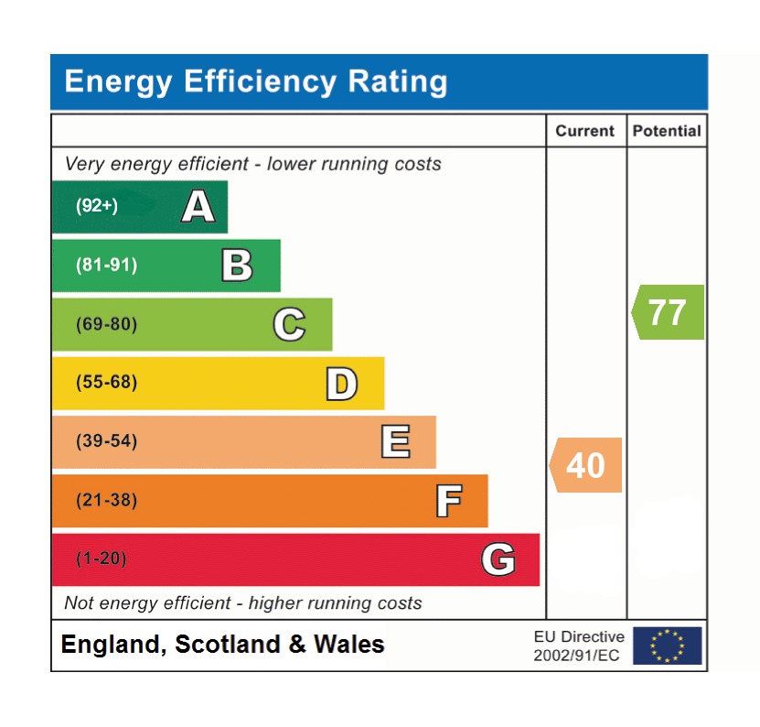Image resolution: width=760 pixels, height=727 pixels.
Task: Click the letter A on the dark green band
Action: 198,207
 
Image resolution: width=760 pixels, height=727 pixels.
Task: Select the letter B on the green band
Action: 237,266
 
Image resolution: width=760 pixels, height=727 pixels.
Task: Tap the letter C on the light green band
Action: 289,325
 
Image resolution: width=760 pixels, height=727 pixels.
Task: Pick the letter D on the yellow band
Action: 341,384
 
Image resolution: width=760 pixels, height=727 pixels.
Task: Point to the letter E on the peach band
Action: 394,442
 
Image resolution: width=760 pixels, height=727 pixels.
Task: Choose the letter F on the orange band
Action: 448,501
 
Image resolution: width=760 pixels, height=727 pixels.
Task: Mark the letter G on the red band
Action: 498,559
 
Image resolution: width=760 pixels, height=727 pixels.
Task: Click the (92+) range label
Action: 97,206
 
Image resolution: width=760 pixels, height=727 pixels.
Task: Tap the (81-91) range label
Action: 106,266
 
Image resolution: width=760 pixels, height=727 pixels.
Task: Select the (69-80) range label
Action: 106,324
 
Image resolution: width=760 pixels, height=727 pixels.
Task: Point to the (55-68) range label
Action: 106,383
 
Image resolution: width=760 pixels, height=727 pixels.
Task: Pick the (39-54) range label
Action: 106,441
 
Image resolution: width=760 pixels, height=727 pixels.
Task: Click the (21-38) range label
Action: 106,501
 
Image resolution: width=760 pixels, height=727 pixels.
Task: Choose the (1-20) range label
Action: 101,559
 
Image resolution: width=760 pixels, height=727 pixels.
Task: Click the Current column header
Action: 585,131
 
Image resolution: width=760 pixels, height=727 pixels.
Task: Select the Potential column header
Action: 667,131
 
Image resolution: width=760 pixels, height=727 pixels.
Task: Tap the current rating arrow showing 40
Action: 585,465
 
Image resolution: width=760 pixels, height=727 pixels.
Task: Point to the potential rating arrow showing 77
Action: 668,312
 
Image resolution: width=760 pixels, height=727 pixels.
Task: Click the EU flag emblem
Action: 667,646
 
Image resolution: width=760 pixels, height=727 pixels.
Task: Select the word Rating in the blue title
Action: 397,81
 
